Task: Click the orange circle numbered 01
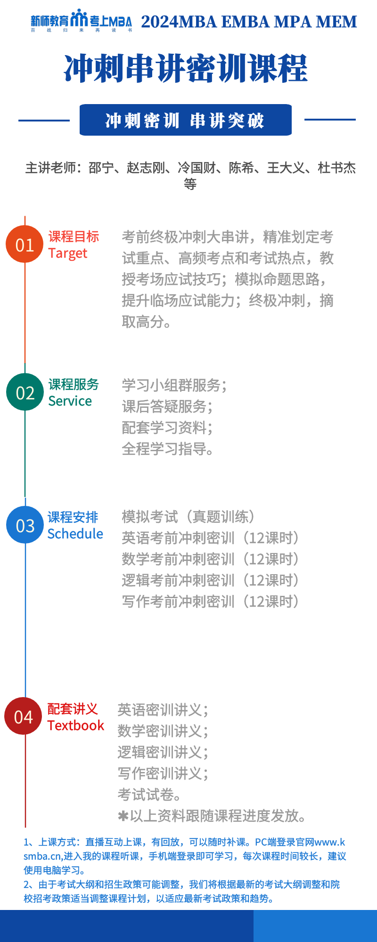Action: pyautogui.click(x=25, y=244)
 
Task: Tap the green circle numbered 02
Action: pyautogui.click(x=25, y=392)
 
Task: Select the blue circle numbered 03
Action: pyautogui.click(x=25, y=525)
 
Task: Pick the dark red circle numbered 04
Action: pyautogui.click(x=23, y=716)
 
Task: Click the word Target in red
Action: pyautogui.click(x=68, y=254)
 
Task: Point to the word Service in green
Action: pyautogui.click(x=70, y=401)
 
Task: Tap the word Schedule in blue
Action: pyautogui.click(x=75, y=534)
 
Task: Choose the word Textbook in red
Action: pyautogui.click(x=76, y=725)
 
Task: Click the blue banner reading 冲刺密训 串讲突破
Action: pyautogui.click(x=186, y=120)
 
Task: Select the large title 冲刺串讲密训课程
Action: pyautogui.click(x=186, y=68)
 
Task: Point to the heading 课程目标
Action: pyautogui.click(x=74, y=236)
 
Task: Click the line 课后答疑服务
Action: pyautogui.click(x=167, y=406)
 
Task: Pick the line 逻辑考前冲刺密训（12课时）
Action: pyautogui.click(x=211, y=580)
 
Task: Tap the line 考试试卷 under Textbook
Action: pyautogui.click(x=150, y=795)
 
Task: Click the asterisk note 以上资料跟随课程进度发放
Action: pyautogui.click(x=213, y=816)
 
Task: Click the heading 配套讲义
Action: pyautogui.click(x=73, y=709)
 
